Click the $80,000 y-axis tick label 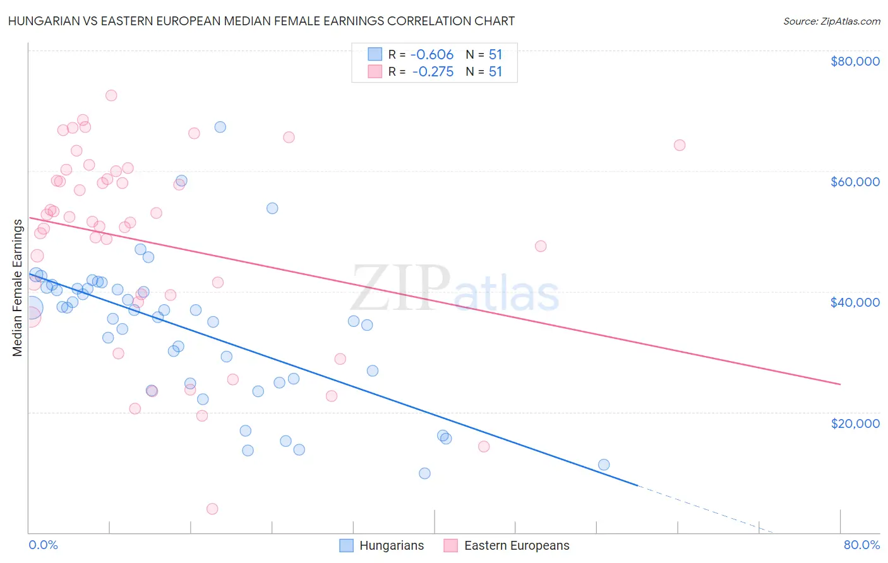855,61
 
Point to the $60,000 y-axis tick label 855,182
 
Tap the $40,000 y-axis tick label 855,302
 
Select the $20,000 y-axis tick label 855,423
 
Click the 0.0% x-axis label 43,545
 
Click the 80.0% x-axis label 861,545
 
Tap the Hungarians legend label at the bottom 391,545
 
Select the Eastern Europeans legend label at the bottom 516,545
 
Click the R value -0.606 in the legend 432,55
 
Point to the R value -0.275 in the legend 433,72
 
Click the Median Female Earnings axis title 18,288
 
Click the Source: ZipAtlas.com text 831,21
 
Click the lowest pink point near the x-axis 212,509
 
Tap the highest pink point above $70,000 111,95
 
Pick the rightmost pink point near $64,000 680,145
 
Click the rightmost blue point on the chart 604,465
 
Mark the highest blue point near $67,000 220,127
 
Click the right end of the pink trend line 839,384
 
